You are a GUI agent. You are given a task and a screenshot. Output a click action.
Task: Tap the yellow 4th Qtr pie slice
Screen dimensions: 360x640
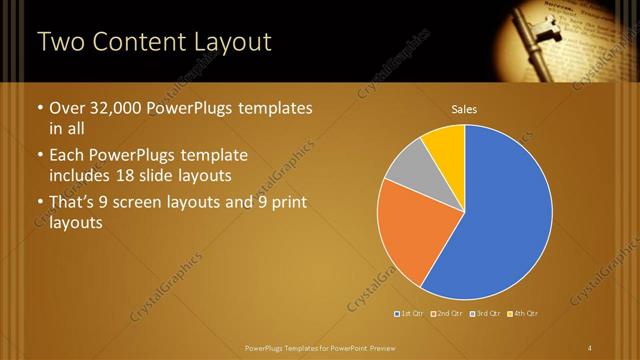pos(446,146)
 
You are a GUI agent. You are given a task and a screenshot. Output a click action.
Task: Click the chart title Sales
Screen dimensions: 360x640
pos(464,109)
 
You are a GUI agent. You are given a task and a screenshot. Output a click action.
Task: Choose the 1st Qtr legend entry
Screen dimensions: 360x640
pos(409,314)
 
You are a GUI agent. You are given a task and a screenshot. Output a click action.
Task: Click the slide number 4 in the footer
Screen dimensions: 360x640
pos(591,347)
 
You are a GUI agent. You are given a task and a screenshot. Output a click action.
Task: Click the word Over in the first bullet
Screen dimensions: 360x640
pos(68,108)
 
